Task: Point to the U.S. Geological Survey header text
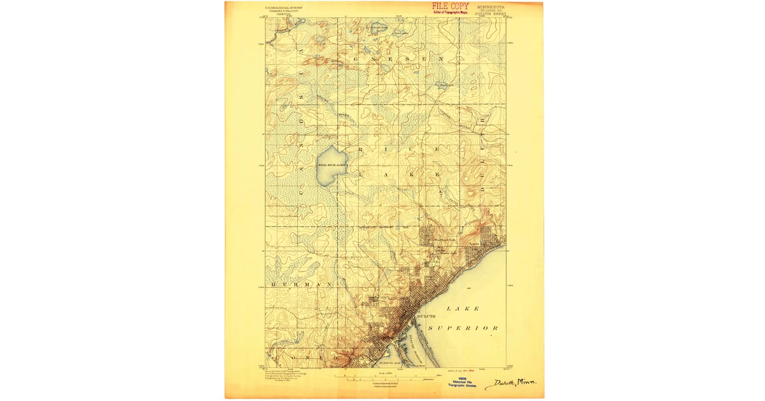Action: (x=284, y=8)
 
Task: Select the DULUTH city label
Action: (x=426, y=315)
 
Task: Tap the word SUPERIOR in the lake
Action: (x=463, y=328)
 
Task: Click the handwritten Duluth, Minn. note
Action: (x=510, y=383)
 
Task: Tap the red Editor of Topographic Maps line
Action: (x=451, y=12)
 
